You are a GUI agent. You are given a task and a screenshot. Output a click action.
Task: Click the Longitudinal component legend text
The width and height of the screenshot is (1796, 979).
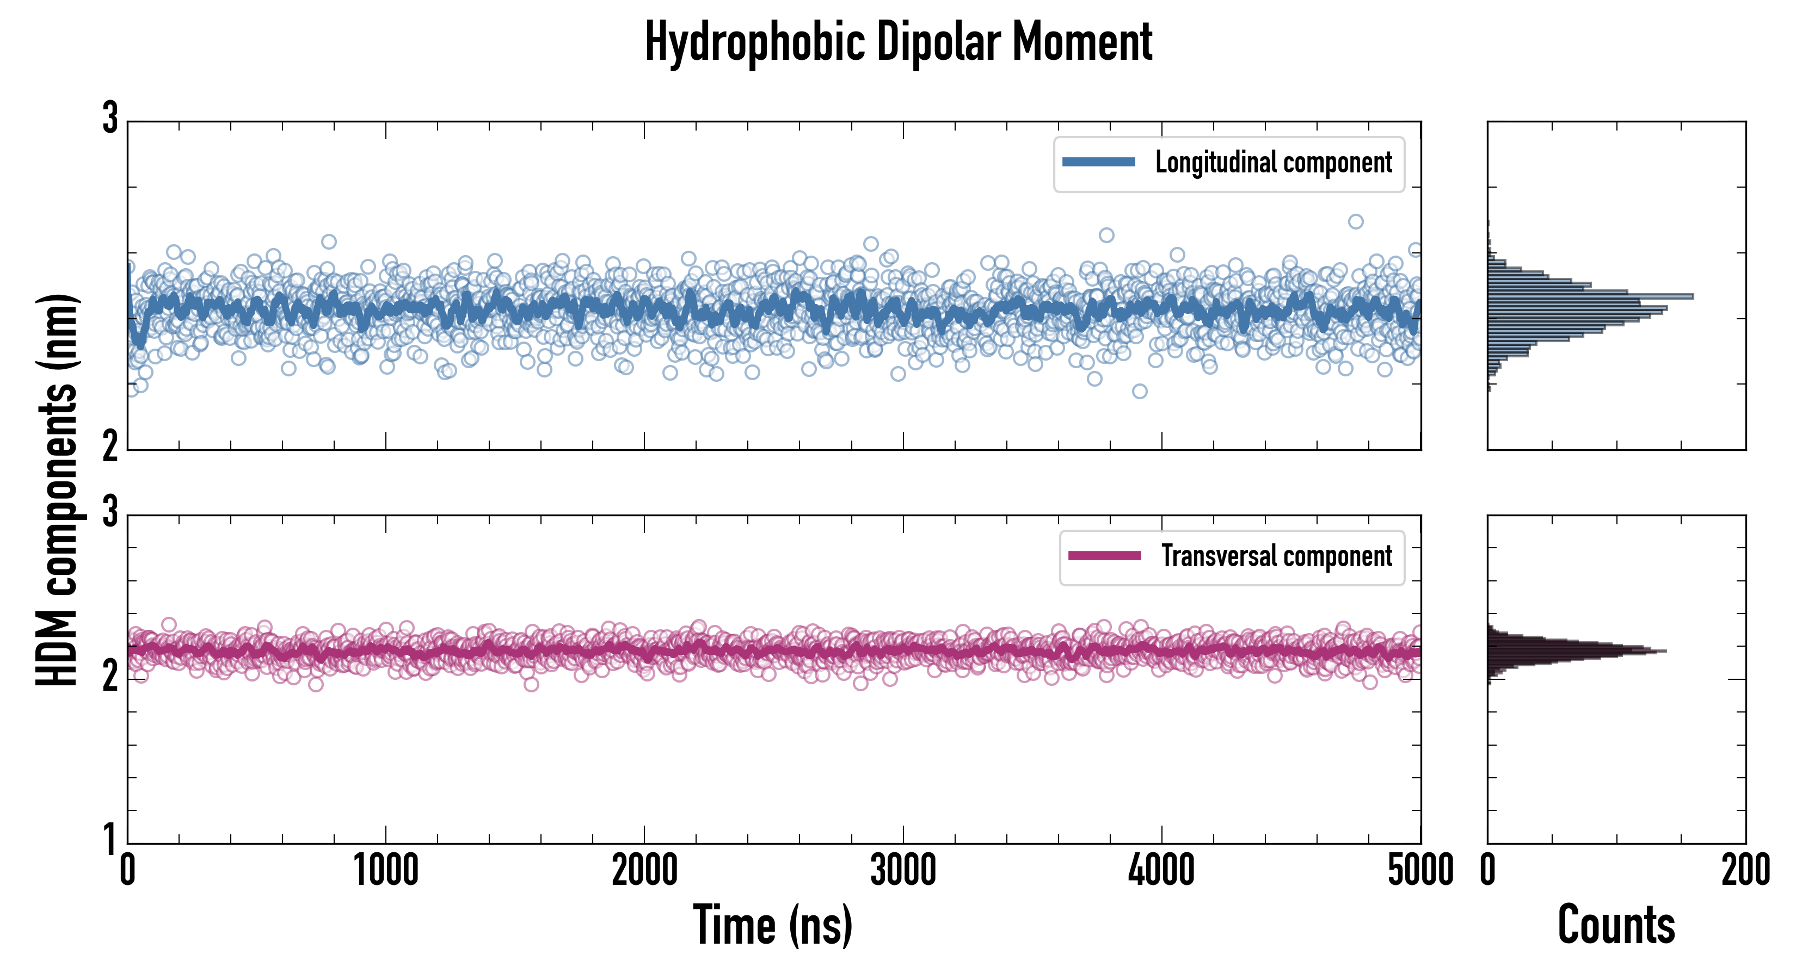[1273, 163]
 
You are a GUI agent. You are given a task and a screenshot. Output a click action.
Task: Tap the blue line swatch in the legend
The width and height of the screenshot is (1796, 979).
[1098, 163]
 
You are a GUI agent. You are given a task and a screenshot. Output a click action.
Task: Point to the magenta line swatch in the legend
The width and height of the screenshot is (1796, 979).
[1104, 556]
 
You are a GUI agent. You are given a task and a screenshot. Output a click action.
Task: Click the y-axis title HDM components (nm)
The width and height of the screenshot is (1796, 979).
[57, 490]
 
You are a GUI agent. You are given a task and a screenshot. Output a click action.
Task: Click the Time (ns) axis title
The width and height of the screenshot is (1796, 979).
[772, 925]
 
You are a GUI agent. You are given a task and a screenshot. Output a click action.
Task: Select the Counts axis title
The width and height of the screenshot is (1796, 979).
[1616, 925]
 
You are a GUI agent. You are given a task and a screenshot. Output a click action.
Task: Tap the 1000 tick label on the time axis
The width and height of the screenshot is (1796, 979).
[385, 871]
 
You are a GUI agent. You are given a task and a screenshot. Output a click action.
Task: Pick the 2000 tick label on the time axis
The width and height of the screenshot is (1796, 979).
[644, 871]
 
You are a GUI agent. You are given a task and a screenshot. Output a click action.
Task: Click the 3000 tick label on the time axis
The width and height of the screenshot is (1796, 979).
[903, 871]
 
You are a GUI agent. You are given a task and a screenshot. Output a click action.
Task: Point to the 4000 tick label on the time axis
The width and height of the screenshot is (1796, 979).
[1161, 871]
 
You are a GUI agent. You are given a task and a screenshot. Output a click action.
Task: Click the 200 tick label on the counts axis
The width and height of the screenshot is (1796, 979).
[1745, 871]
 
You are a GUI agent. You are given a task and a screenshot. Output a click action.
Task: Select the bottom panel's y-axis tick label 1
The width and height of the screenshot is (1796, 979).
[110, 839]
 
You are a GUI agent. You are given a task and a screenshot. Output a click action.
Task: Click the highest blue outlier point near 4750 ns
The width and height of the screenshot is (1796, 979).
[1355, 221]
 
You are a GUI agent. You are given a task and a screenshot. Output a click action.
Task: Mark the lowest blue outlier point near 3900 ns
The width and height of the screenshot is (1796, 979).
[1139, 392]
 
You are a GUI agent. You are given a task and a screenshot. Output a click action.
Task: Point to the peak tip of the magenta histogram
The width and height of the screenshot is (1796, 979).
[1665, 652]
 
